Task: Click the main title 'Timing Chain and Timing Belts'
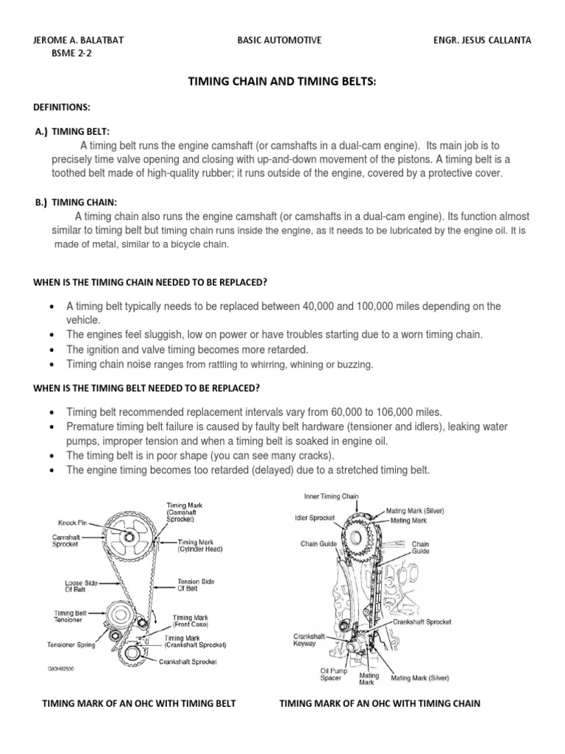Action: click(282, 79)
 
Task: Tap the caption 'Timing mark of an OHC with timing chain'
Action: click(380, 703)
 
